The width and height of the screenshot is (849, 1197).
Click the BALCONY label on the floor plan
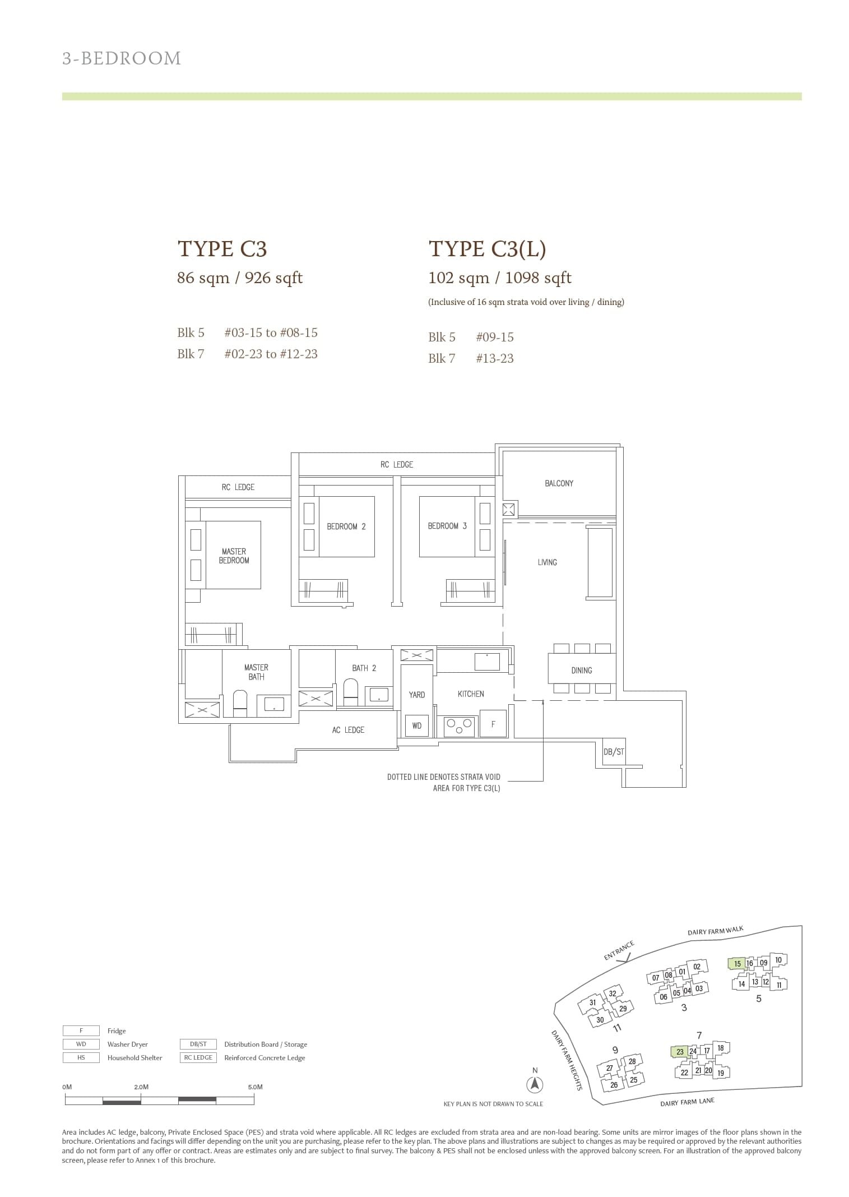pos(559,483)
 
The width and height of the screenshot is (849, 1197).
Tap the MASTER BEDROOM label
pos(234,556)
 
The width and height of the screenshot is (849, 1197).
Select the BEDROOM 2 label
pos(346,526)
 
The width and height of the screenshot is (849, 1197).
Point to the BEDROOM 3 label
pos(447,526)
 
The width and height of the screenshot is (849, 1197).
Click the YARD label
pos(417,695)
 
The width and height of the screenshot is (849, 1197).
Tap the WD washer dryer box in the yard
pos(417,725)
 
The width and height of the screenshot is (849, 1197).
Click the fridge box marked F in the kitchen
pos(493,724)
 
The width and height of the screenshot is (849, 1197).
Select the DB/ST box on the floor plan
pos(614,752)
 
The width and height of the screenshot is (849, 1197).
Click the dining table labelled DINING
pos(581,670)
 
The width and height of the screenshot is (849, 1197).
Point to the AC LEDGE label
pos(348,730)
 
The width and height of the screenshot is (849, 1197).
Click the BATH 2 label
pos(364,668)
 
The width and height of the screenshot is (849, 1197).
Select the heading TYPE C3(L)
pos(487,249)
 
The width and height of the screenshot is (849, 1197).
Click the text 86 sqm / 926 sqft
pos(240,278)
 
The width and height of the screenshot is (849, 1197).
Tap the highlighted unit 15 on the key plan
pos(737,964)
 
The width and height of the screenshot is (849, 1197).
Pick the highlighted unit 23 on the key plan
pos(680,1052)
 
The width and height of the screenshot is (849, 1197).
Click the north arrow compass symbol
pos(535,1085)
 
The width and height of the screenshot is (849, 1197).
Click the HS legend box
pos(81,1057)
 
